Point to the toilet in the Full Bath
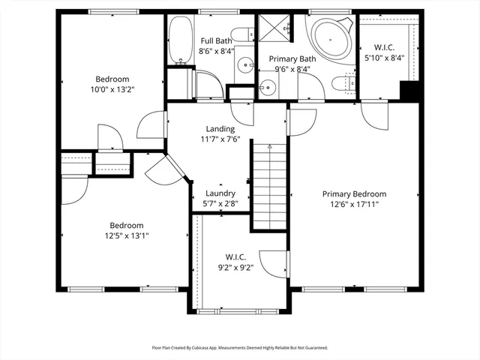(x=242, y=34)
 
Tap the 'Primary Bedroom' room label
(x=355, y=193)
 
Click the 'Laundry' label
(x=220, y=193)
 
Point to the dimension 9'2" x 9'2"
(x=235, y=267)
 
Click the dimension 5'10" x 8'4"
(x=384, y=57)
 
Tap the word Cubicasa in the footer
(x=212, y=348)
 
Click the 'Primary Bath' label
(x=283, y=58)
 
